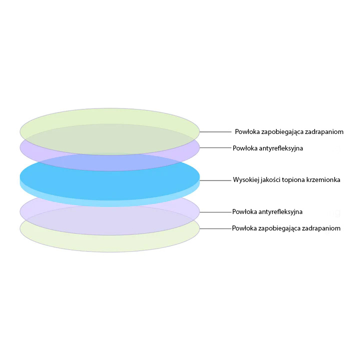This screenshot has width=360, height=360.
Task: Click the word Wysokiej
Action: pyautogui.click(x=246, y=179)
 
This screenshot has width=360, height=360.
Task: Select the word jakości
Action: pyautogui.click(x=273, y=179)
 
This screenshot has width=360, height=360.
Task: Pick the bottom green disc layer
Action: pyautogui.click(x=110, y=243)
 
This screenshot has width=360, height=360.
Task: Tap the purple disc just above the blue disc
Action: pyautogui.click(x=110, y=161)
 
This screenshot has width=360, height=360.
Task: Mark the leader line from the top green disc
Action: pyautogui.click(x=215, y=132)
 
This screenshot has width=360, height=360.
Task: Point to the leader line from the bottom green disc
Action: pyautogui.click(x=215, y=228)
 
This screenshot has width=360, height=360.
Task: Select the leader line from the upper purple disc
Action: pyautogui.click(x=215, y=148)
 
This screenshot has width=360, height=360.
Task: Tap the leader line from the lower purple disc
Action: pyautogui.click(x=215, y=212)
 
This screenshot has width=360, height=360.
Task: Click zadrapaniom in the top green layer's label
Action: pyautogui.click(x=325, y=132)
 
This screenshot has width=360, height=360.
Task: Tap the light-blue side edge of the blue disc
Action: pyautogui.click(x=110, y=202)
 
